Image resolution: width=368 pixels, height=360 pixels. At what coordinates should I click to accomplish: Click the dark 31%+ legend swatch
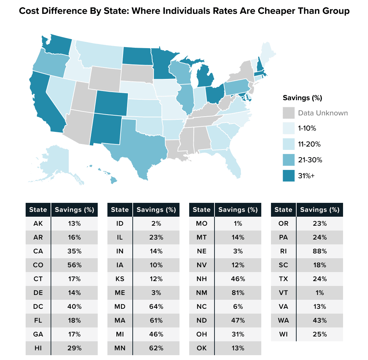[289, 176]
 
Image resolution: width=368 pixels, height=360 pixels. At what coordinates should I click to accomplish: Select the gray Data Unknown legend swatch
[289, 113]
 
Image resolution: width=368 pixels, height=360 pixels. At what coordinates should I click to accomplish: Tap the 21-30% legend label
[310, 160]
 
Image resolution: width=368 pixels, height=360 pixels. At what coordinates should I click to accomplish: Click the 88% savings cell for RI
[319, 251]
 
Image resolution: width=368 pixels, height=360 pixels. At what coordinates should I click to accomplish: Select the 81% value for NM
[237, 292]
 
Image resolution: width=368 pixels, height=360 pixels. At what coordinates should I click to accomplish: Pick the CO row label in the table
[38, 265]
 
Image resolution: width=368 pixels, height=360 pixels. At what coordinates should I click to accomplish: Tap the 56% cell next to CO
[74, 265]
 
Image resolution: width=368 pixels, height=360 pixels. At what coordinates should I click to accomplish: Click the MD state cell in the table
[120, 306]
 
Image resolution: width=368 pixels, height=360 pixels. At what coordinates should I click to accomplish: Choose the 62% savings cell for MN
[156, 348]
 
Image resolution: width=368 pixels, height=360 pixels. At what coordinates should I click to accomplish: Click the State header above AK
[38, 210]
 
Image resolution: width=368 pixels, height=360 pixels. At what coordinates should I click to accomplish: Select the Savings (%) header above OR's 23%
[319, 210]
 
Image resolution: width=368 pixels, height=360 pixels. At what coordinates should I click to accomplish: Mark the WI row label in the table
[283, 334]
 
